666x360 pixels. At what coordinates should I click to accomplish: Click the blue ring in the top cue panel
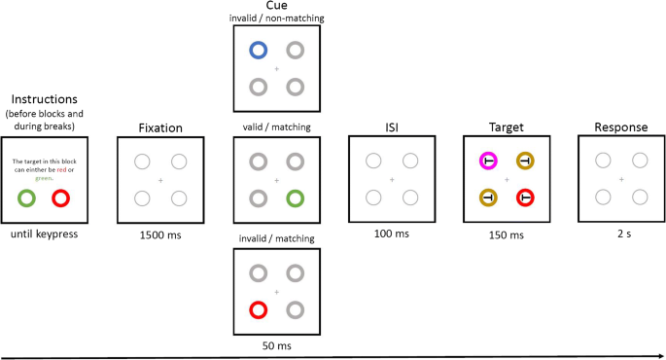click(258, 51)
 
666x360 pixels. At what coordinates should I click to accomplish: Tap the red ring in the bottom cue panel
click(258, 309)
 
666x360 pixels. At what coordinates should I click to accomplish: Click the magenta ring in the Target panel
click(488, 162)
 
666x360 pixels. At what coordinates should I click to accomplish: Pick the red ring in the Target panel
click(525, 198)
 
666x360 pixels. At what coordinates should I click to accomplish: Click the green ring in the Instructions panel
click(26, 198)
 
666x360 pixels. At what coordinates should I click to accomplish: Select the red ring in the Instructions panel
click(60, 198)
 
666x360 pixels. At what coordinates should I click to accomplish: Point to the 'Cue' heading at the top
click(276, 7)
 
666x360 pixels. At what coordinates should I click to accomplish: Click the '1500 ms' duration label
click(160, 235)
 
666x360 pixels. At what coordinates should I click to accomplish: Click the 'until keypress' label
click(44, 235)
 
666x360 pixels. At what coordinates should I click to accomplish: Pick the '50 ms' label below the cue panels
click(276, 345)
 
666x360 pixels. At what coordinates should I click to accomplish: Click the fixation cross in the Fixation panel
click(160, 180)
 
